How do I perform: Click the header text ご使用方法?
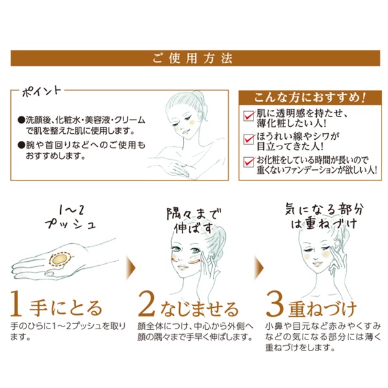(x=193, y=58)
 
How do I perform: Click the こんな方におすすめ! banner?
(x=303, y=98)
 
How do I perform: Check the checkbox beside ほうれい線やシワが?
(x=247, y=138)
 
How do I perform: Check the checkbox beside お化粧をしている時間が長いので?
(x=247, y=161)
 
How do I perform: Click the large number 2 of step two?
(x=149, y=303)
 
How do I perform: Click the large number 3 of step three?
(x=277, y=303)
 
